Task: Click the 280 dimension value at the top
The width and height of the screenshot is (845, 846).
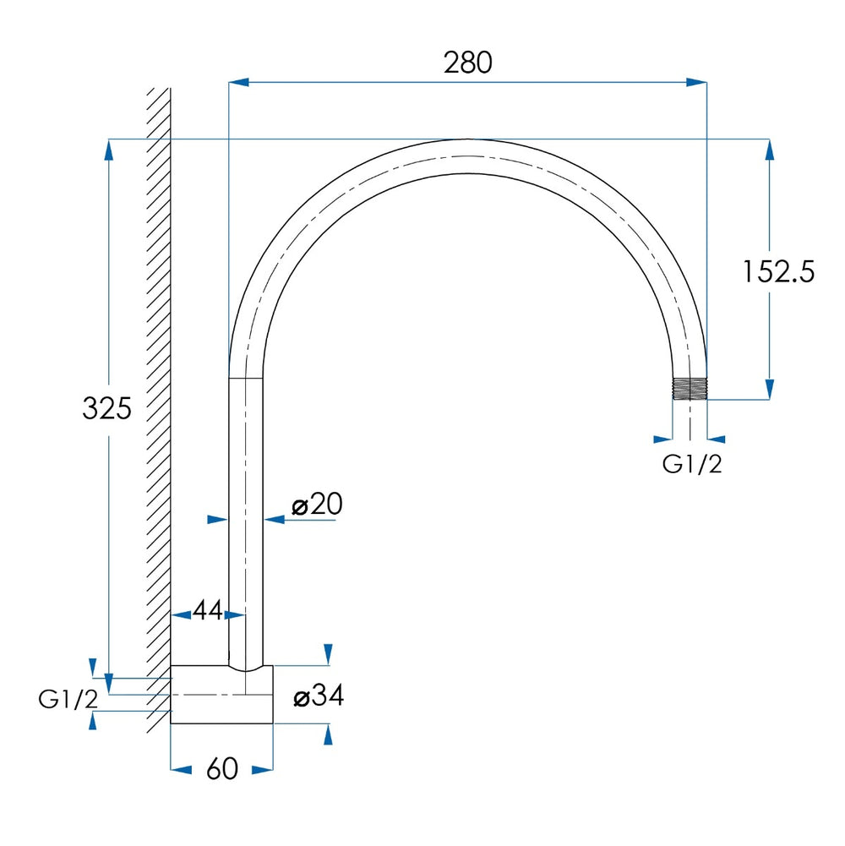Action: (x=468, y=63)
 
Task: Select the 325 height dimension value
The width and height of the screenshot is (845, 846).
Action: (x=106, y=408)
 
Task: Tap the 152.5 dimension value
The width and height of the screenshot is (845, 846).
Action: (x=778, y=271)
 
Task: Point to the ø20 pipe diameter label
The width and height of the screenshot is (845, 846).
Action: (x=317, y=504)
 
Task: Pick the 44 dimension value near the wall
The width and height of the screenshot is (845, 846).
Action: (x=208, y=610)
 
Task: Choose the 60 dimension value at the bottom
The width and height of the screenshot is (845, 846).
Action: (x=221, y=768)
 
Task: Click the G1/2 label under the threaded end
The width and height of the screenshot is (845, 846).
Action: (x=692, y=464)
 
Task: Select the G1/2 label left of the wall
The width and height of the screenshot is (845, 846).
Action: (x=68, y=699)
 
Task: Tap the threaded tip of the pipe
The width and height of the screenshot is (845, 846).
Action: (x=690, y=388)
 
